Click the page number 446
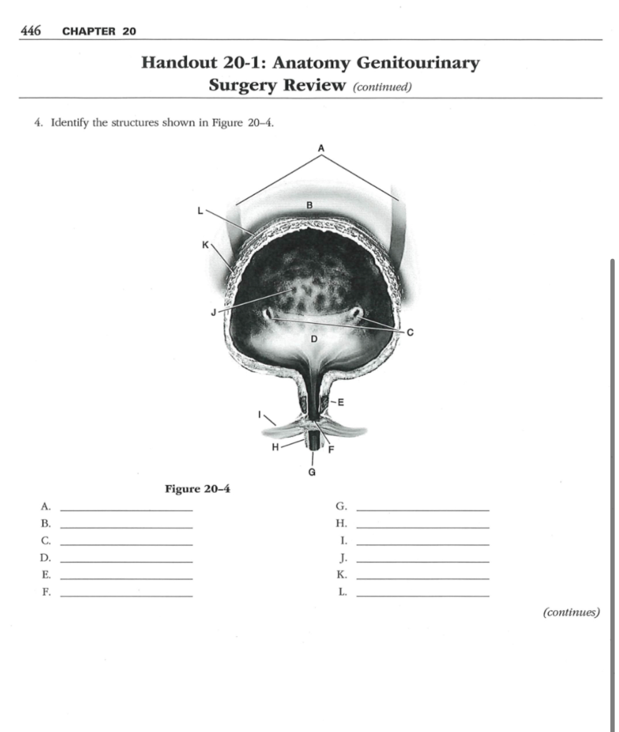pyautogui.click(x=31, y=31)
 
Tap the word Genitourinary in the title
pyautogui.click(x=418, y=63)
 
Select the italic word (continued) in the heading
pyautogui.click(x=382, y=87)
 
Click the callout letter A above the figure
pyautogui.click(x=321, y=148)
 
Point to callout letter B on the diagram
pyautogui.click(x=309, y=205)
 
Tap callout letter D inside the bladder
pyautogui.click(x=314, y=339)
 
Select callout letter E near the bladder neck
pyautogui.click(x=341, y=402)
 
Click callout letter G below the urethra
pyautogui.click(x=312, y=472)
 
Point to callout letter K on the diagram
pyautogui.click(x=205, y=245)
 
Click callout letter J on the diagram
pyautogui.click(x=214, y=313)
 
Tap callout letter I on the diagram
pyautogui.click(x=260, y=413)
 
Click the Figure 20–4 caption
pyautogui.click(x=197, y=489)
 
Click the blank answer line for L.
pyautogui.click(x=423, y=595)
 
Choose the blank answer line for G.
pyautogui.click(x=423, y=509)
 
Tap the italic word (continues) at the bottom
pyautogui.click(x=571, y=612)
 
